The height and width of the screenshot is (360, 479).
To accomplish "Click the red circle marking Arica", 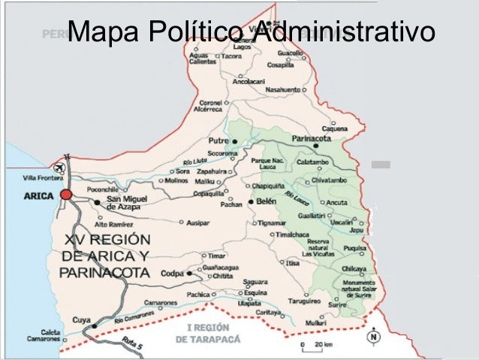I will click(66, 194).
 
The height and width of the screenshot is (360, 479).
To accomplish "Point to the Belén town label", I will click(267, 201).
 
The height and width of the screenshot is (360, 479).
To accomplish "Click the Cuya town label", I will click(81, 319).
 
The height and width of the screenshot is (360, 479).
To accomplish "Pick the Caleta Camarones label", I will click(46, 334).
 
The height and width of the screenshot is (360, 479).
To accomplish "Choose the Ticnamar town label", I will click(259, 222).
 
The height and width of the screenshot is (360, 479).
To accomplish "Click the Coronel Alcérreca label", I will click(208, 105).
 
